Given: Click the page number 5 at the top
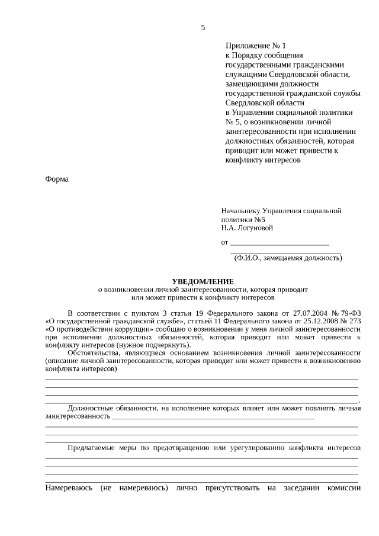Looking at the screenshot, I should (x=203, y=27).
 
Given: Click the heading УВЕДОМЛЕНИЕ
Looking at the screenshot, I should (x=203, y=281).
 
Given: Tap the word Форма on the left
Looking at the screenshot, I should (x=57, y=179).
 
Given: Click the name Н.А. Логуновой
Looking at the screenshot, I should (x=247, y=228).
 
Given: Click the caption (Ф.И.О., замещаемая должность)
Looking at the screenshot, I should (x=288, y=258).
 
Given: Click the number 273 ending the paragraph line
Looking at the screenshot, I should (x=354, y=320).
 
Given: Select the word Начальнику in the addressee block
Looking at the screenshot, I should (x=240, y=211).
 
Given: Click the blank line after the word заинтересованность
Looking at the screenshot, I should (x=213, y=417).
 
